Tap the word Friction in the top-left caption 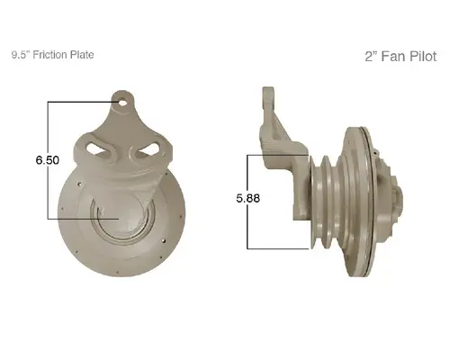pos(55,55)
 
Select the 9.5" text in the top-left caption pos(21,55)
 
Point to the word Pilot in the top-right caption pos(418,56)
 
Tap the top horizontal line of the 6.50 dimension pos(81,102)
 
